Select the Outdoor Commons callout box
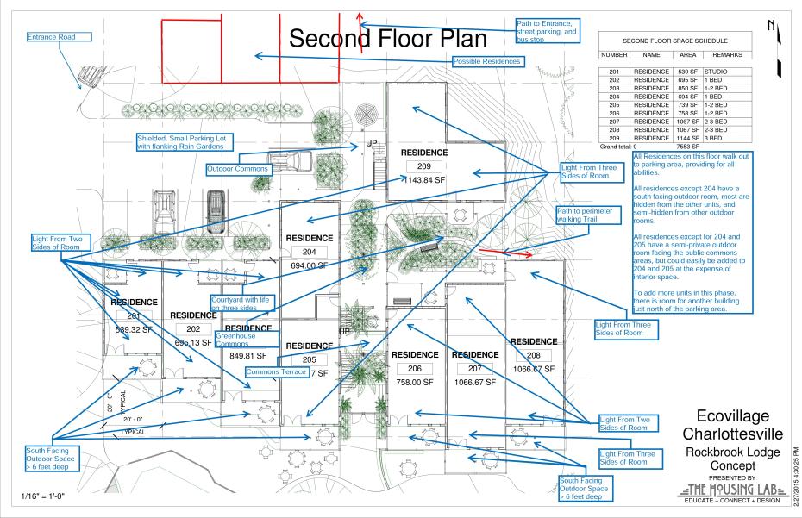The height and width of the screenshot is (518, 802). coord(238,169)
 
